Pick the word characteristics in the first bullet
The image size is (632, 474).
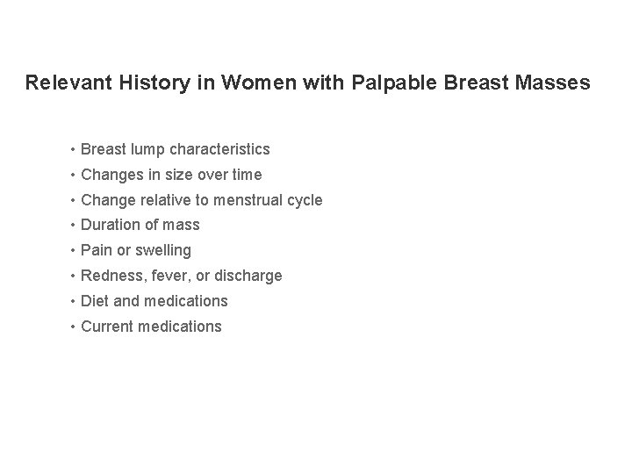[x=219, y=149]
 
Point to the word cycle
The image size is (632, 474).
[x=305, y=200]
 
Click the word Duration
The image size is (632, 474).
[x=109, y=226]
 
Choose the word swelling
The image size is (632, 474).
[x=161, y=251]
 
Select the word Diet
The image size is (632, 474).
[x=94, y=301]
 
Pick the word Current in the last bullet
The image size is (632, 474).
[x=106, y=327]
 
